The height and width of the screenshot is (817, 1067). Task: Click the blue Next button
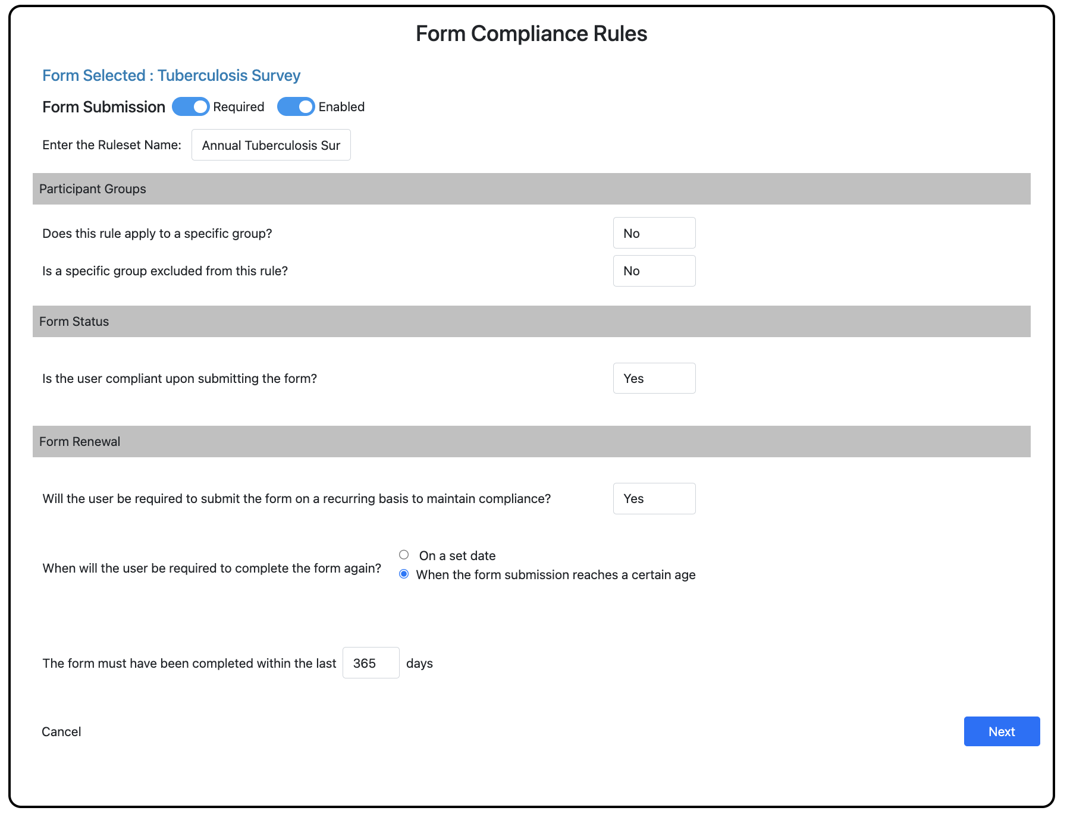pos(1002,731)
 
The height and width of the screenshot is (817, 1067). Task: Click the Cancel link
pos(61,731)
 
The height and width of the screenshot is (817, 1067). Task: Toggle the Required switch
pos(191,106)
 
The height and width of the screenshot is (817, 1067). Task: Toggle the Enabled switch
pos(296,106)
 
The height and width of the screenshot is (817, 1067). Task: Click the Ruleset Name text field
pos(271,145)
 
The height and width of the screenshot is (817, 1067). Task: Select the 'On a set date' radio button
pos(404,555)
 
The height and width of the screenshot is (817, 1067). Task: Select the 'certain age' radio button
pos(404,574)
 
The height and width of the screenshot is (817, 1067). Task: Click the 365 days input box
pos(371,663)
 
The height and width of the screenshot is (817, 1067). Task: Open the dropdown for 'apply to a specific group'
pos(654,233)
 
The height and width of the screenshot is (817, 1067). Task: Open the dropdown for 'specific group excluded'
pos(654,271)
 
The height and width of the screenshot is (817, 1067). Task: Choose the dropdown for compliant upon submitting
pos(654,378)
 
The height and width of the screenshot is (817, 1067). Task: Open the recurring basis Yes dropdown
pos(654,498)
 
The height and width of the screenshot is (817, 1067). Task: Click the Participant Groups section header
pos(93,189)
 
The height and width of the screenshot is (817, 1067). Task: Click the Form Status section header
pos(74,322)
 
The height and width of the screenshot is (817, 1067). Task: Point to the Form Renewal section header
pos(80,442)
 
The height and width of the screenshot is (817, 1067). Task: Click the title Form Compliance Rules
pos(531,34)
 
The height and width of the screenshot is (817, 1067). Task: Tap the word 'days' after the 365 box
pos(419,664)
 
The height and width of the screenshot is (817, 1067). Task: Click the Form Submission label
pos(103,107)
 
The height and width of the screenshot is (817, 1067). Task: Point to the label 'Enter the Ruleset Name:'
pos(112,145)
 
